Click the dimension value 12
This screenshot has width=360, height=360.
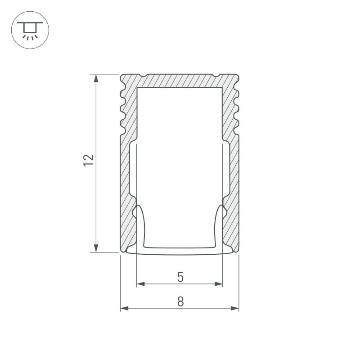click(x=88, y=160)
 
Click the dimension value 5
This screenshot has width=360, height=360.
click(x=180, y=277)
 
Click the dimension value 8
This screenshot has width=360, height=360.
click(x=181, y=301)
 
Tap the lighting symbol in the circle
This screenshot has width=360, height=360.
click(x=30, y=30)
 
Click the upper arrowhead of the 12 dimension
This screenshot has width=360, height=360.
click(x=96, y=78)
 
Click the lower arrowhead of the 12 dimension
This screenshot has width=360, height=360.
click(x=96, y=248)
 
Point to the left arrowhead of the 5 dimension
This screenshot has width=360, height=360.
click(x=141, y=284)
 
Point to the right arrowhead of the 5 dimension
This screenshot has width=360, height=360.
click(x=218, y=284)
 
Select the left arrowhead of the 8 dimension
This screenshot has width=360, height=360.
click(x=125, y=308)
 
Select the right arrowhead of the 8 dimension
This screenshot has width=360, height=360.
click(x=235, y=308)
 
